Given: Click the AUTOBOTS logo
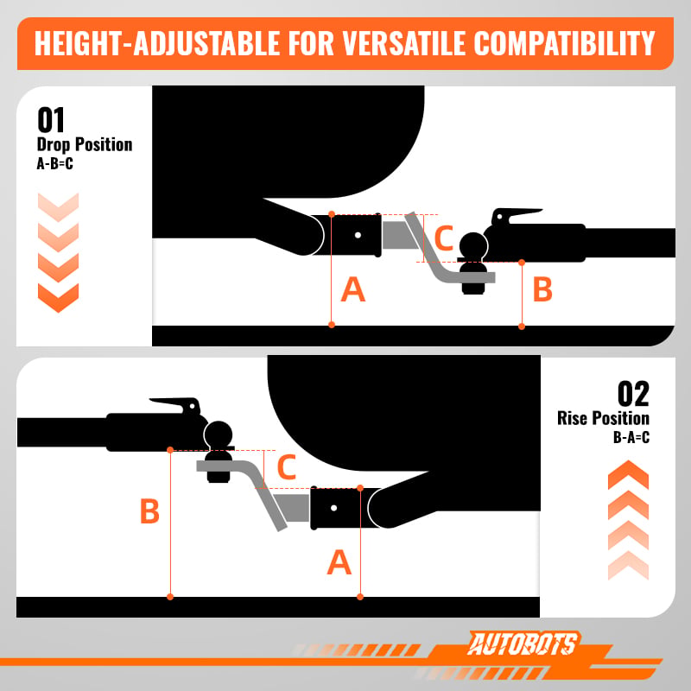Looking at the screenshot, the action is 523,643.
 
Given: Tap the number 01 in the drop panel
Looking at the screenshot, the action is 51,120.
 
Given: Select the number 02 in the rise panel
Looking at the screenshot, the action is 633,394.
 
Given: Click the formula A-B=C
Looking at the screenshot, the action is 54,164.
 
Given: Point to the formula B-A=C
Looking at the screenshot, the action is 631,437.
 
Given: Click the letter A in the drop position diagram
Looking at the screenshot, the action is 353,289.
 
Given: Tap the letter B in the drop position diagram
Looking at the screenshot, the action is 542,289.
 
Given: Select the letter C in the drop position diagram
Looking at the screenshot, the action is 444,238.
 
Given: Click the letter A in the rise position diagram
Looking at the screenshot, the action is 339,562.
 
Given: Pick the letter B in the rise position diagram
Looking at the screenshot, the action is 149,510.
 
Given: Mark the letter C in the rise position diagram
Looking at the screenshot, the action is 287,467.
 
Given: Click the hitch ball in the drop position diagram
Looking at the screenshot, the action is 473,246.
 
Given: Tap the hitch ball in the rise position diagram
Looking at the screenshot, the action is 219,435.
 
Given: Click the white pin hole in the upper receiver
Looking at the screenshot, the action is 358,235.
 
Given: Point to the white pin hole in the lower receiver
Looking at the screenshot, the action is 333,508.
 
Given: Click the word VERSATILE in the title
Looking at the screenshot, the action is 403,44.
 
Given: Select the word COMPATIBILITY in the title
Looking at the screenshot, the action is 565,44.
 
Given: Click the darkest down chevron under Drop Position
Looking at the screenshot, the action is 58,298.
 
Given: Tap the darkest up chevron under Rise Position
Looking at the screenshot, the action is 628,474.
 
